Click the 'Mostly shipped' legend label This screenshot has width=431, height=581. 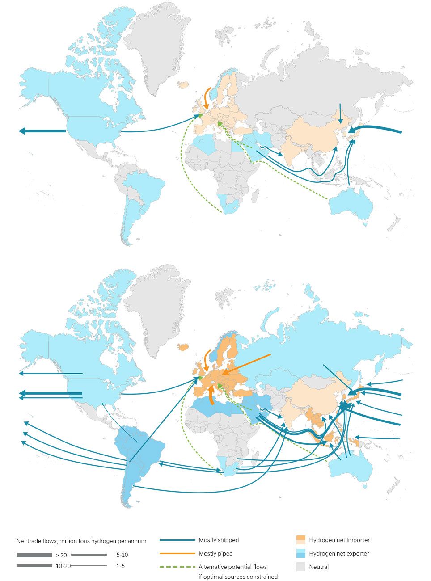coord(219,540)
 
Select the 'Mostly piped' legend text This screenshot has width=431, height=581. coord(215,553)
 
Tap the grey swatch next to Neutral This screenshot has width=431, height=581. coord(301,567)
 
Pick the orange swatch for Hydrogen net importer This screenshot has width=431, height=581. coord(301,540)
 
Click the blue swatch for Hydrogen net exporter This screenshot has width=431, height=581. coord(301,553)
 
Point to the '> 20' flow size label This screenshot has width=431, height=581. coord(61,555)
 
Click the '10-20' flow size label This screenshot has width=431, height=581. coord(63,566)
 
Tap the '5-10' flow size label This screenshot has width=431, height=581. coord(122,555)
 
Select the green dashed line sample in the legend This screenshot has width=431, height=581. coord(177,567)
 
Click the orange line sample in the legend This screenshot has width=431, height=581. coord(177,554)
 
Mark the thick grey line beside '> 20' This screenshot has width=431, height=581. coord(34,555)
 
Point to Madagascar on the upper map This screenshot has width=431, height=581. coord(257,195)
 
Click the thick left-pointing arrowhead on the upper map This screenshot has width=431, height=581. coord(22,131)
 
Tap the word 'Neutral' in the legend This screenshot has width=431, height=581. coord(319,567)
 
